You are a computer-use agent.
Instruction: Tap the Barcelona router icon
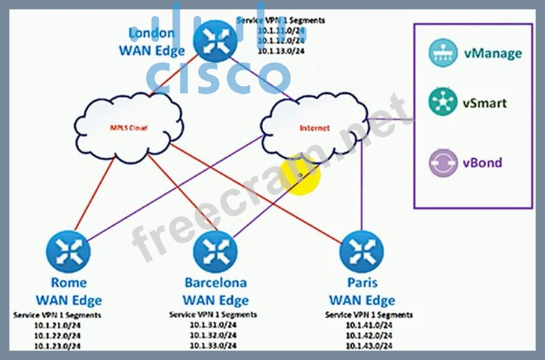click(214, 250)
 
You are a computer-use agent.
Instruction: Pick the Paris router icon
click(360, 250)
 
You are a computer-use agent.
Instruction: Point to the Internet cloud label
click(314, 128)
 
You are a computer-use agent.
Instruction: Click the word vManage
click(492, 53)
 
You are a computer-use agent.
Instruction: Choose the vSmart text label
click(484, 103)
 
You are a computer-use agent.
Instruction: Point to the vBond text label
click(482, 162)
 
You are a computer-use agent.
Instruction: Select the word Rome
click(68, 283)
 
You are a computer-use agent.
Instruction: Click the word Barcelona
click(214, 283)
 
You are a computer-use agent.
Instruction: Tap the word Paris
click(361, 283)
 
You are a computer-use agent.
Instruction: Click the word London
click(151, 32)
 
